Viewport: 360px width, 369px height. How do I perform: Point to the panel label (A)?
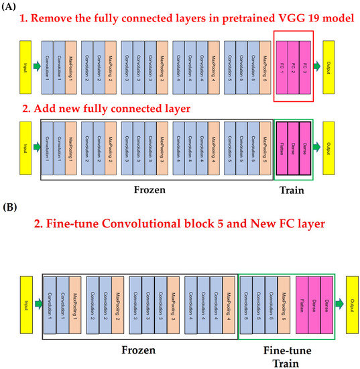coord(9,7)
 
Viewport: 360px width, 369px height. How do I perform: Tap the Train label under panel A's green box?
coord(292,190)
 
